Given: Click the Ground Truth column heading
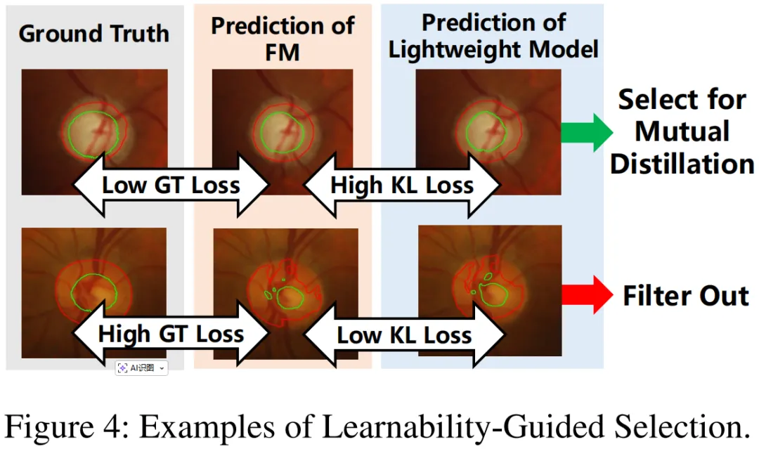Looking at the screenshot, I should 94,34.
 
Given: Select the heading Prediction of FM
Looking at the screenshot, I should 283,38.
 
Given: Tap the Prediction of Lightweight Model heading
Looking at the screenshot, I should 493,36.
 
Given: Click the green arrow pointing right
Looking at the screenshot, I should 587,132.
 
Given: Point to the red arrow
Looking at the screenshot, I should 587,294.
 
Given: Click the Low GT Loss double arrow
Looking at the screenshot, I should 171,186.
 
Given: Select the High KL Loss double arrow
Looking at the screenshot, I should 402,186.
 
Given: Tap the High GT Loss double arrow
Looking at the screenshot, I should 171,334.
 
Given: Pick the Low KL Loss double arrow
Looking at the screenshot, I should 404,335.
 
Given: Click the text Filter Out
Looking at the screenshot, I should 685,296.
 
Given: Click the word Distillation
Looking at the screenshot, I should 682,164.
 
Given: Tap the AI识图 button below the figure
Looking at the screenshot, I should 141,367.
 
